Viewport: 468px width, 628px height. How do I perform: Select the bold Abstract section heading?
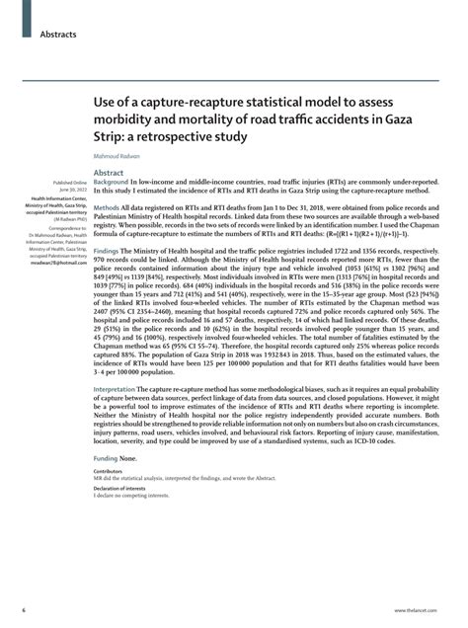click(109, 172)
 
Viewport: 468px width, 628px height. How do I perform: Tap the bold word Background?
click(112, 184)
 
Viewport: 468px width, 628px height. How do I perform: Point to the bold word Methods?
click(106, 208)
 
